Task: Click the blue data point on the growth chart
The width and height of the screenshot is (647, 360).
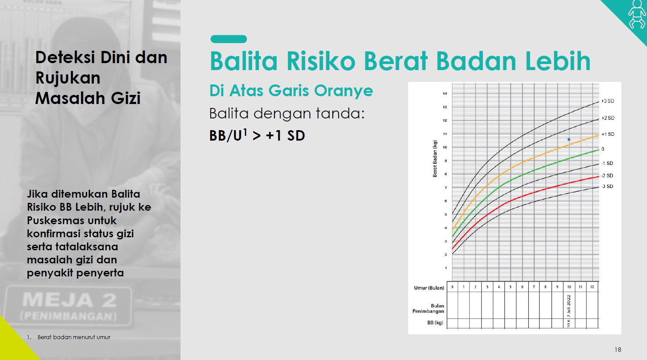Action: (x=569, y=140)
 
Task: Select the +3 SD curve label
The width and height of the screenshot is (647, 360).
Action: (x=608, y=101)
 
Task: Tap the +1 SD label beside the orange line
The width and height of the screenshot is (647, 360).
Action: (x=608, y=134)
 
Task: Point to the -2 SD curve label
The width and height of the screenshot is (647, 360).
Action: (x=607, y=176)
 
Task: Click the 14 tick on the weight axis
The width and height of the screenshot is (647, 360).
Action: (x=445, y=94)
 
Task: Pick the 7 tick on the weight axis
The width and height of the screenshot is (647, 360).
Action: (x=446, y=188)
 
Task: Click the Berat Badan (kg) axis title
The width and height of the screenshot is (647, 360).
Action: (x=435, y=158)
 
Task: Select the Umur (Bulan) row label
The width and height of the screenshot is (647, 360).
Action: (x=429, y=288)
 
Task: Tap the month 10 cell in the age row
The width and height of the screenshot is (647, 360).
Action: (x=569, y=287)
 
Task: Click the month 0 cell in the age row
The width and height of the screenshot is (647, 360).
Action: (x=453, y=287)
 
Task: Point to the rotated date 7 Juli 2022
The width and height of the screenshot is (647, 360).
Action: (x=569, y=306)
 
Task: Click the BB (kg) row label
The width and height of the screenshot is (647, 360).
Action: (x=435, y=323)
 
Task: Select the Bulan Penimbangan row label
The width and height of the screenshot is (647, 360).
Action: (x=428, y=308)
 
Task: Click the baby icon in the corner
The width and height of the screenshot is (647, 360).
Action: (x=637, y=14)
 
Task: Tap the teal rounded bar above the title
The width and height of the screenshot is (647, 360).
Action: (x=228, y=39)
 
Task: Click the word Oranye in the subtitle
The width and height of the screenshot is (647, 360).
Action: (x=343, y=91)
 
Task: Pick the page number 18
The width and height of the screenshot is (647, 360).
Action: (x=618, y=350)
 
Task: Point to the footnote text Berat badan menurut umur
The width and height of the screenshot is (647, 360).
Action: (x=74, y=337)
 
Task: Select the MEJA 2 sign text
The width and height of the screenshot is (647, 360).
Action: (x=69, y=300)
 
